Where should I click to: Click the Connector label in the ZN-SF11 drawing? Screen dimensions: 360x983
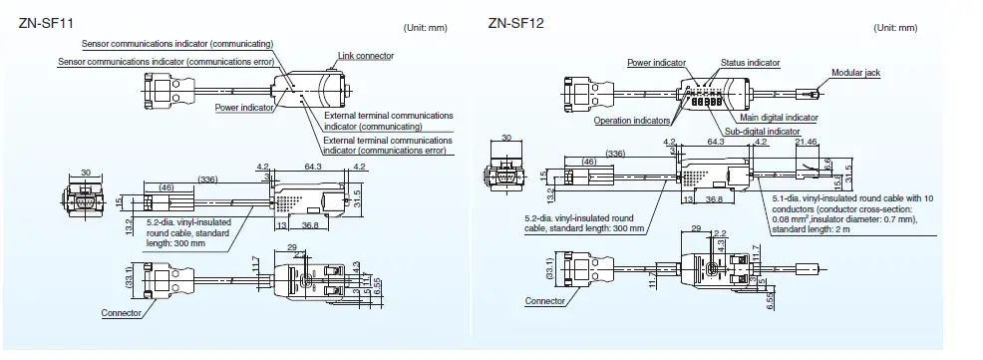click(122, 312)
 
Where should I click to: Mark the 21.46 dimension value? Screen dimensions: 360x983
click(807, 143)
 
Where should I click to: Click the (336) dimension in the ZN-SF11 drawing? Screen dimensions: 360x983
click(208, 180)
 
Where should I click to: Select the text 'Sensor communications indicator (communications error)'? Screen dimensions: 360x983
click(165, 61)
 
